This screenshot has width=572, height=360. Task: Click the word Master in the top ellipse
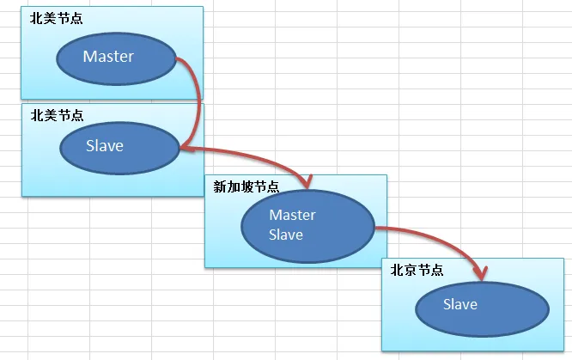click(108, 57)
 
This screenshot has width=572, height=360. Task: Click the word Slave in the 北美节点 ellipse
click(105, 146)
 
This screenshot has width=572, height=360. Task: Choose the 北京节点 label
click(417, 269)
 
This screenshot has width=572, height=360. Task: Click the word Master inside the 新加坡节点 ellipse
click(292, 215)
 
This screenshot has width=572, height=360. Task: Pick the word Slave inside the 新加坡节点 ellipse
click(286, 234)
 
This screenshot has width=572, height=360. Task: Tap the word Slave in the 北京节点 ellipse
click(460, 304)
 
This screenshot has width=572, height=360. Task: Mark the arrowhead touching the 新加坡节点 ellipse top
click(306, 181)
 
